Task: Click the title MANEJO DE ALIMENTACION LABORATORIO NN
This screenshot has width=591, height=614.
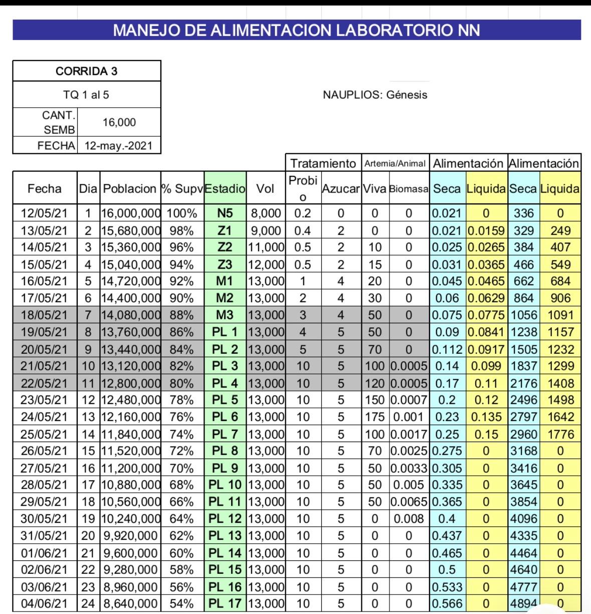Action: click(x=296, y=30)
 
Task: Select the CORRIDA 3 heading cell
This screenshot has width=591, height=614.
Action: click(x=86, y=71)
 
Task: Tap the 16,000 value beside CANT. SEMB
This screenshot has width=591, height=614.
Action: click(x=119, y=122)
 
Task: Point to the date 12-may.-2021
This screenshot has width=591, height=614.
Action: click(x=119, y=146)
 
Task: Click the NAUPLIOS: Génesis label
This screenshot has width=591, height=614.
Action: click(x=375, y=95)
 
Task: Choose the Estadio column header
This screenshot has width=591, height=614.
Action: click(x=225, y=189)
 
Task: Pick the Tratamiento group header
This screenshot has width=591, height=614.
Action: click(x=323, y=163)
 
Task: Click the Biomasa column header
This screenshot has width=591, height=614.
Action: click(x=409, y=189)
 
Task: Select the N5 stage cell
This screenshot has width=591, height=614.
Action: click(x=225, y=214)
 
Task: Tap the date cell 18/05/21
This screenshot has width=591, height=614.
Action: click(x=44, y=315)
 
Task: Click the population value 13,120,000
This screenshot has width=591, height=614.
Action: click(x=130, y=366)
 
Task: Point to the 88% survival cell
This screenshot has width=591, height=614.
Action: click(x=181, y=315)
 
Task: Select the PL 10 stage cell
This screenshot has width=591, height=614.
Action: click(x=225, y=485)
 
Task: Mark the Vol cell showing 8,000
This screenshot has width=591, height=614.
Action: click(x=266, y=214)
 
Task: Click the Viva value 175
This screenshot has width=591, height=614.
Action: click(x=375, y=417)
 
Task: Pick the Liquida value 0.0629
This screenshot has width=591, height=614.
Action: click(x=486, y=298)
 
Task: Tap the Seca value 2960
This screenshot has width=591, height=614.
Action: click(x=524, y=434)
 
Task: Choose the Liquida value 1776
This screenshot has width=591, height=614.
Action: click(x=560, y=434)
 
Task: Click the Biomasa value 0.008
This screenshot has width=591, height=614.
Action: click(x=409, y=519)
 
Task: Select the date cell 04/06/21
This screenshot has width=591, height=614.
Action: click(x=44, y=604)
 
